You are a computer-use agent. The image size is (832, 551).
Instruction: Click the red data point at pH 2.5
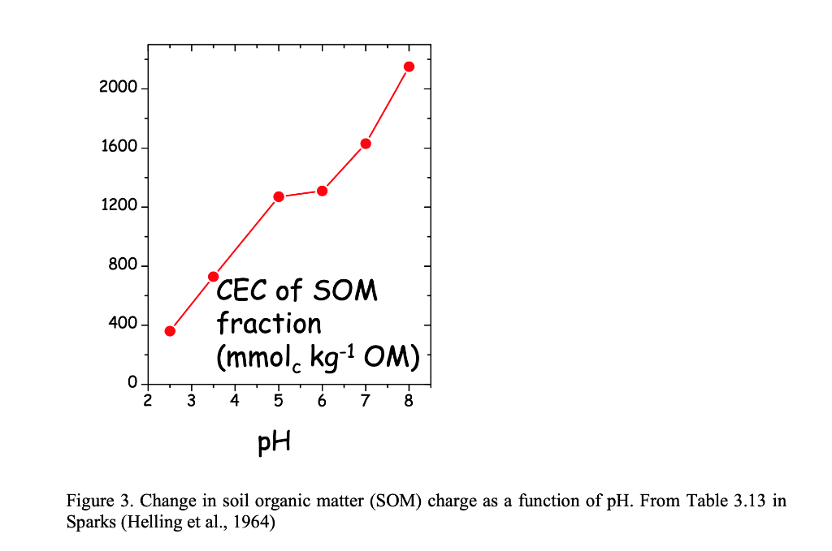click(x=170, y=331)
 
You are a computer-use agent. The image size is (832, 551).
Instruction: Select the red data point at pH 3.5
click(x=214, y=277)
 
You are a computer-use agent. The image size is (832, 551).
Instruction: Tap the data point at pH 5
click(x=279, y=196)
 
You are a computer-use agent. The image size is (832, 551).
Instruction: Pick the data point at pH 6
click(x=322, y=191)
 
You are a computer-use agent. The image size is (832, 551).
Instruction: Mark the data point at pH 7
click(x=366, y=144)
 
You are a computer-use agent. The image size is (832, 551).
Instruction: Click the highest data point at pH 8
click(x=409, y=67)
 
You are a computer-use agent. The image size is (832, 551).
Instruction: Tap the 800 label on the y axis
click(x=123, y=265)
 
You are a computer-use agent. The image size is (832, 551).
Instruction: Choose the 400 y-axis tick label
click(x=123, y=325)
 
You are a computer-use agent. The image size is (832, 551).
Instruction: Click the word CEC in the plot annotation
click(x=243, y=291)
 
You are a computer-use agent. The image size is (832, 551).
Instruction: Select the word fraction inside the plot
click(x=269, y=324)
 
